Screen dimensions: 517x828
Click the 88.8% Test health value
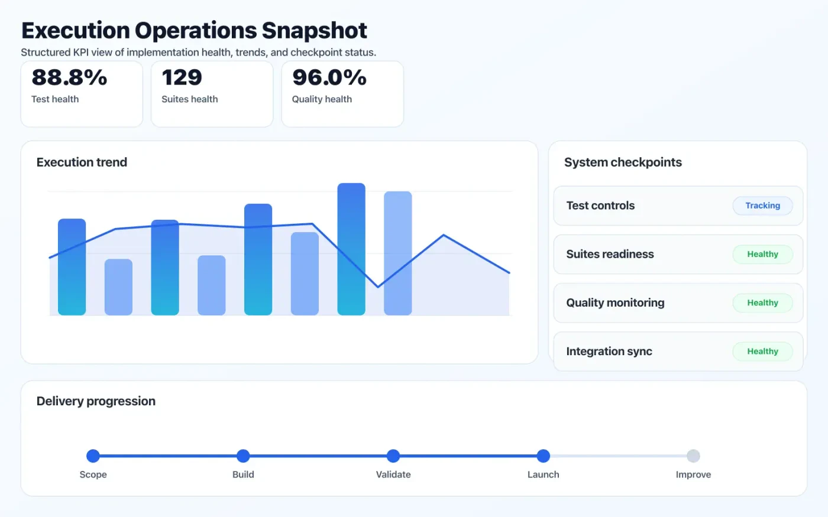tap(69, 77)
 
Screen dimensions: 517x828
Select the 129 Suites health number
tap(182, 77)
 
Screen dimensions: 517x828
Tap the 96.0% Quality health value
tap(329, 77)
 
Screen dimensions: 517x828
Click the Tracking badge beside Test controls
tap(762, 206)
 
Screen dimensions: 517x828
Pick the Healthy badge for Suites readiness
tap(762, 254)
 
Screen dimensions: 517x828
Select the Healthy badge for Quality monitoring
tap(762, 303)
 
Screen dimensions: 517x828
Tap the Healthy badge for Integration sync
tap(762, 351)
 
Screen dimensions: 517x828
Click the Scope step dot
tap(93, 456)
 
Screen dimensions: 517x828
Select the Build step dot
tap(243, 456)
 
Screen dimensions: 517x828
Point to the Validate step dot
tap(393, 456)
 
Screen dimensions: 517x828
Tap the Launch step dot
tap(544, 456)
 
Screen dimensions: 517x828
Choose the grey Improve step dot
tap(693, 456)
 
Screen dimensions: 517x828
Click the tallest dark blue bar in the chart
tap(351, 248)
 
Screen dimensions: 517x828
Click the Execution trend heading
tap(82, 162)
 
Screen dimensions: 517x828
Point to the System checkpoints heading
tap(623, 162)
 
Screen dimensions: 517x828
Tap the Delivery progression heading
tap(96, 401)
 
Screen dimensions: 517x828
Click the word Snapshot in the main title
tap(314, 31)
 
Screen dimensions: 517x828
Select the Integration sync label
tap(609, 352)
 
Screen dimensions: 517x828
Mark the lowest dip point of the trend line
tap(378, 287)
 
